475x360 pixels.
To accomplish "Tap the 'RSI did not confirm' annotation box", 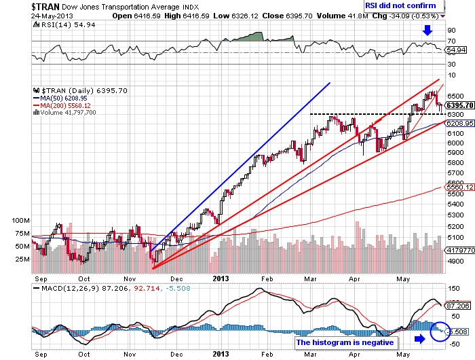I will click(415, 5).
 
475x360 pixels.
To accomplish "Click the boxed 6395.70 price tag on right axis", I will click(459, 105).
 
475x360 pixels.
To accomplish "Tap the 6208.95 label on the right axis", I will click(459, 124).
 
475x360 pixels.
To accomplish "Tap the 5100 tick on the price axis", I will click(455, 237).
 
